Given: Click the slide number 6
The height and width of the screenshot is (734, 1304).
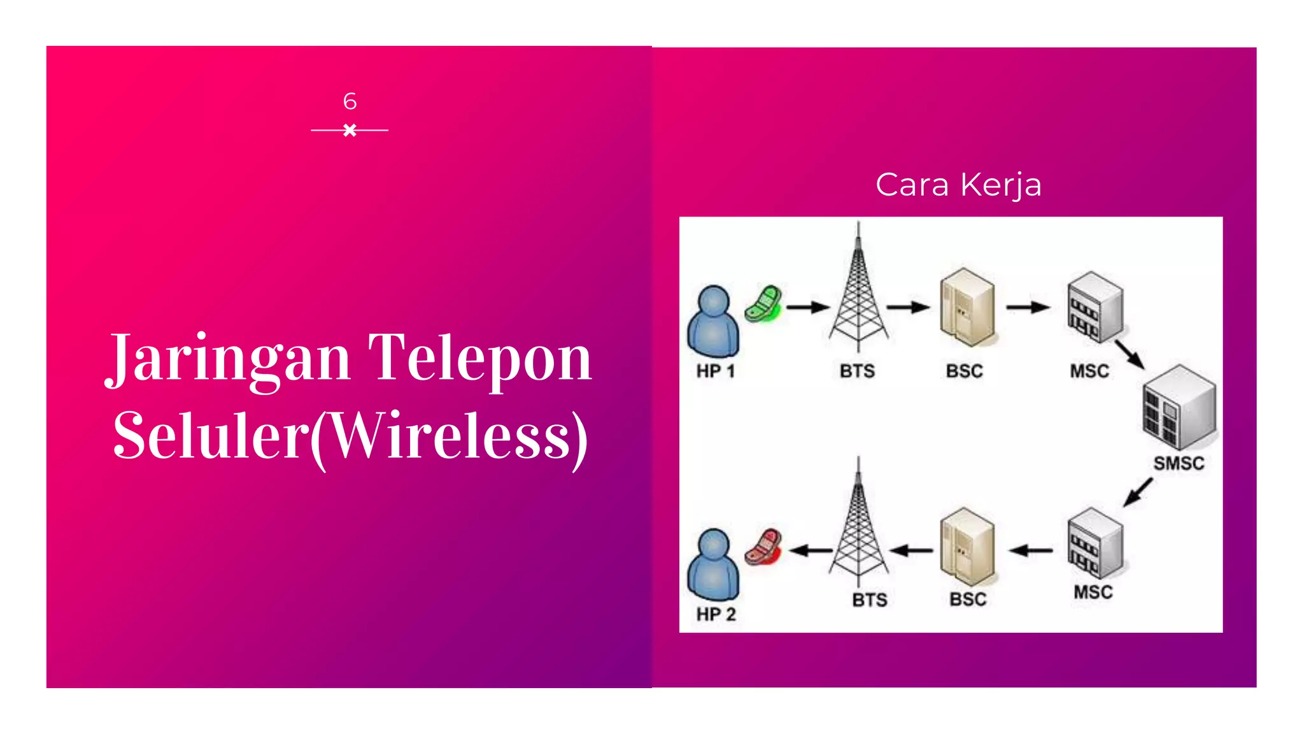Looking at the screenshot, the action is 350,101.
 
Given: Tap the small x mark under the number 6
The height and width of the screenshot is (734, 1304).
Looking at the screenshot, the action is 350,131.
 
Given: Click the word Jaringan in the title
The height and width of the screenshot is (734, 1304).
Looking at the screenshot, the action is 228,358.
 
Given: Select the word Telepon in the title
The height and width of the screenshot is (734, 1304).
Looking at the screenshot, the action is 480,358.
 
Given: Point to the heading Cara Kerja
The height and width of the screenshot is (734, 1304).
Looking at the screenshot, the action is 958,185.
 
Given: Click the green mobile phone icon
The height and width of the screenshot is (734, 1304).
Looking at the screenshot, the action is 763,304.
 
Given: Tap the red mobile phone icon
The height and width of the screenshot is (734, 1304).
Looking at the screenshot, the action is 763,547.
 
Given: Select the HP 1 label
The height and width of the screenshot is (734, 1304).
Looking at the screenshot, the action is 716,371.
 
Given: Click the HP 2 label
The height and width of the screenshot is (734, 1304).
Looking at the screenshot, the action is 716,614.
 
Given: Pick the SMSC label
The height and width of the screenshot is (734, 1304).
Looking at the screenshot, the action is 1179,463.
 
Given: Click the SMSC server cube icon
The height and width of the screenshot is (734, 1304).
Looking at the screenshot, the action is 1179,408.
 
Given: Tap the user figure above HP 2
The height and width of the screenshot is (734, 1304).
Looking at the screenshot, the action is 713,565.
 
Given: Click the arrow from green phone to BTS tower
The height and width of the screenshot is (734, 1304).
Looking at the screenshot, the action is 808,308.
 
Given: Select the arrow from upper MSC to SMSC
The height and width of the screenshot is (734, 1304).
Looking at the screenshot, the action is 1130,354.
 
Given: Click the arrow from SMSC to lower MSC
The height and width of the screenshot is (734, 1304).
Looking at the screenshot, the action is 1138,493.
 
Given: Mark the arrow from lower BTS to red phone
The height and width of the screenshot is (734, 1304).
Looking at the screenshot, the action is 811,550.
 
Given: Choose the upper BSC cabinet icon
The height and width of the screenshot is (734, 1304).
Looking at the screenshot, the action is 967,307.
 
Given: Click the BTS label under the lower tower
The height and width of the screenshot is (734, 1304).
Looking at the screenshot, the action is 869,600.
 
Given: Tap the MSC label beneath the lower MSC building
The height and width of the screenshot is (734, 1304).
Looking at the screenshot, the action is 1093,593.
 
